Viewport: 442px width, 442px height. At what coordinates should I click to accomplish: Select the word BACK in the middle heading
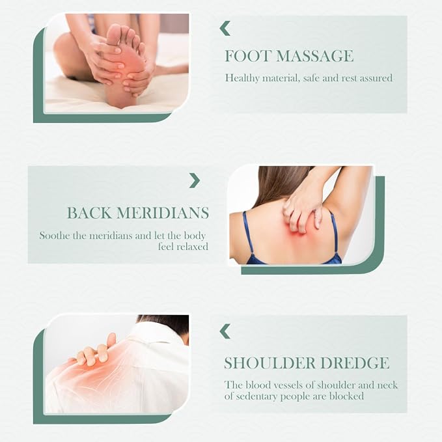[89, 213]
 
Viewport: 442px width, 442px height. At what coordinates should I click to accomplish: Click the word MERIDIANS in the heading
[163, 213]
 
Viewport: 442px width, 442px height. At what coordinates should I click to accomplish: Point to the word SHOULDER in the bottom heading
[269, 363]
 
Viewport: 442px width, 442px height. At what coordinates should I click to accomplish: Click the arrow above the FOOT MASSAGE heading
[225, 28]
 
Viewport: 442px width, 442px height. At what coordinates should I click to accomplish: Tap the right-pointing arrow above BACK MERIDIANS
[195, 180]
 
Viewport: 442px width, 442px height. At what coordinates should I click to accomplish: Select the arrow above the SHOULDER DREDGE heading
[225, 331]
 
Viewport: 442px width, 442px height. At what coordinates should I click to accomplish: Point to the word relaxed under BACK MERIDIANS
[192, 247]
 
